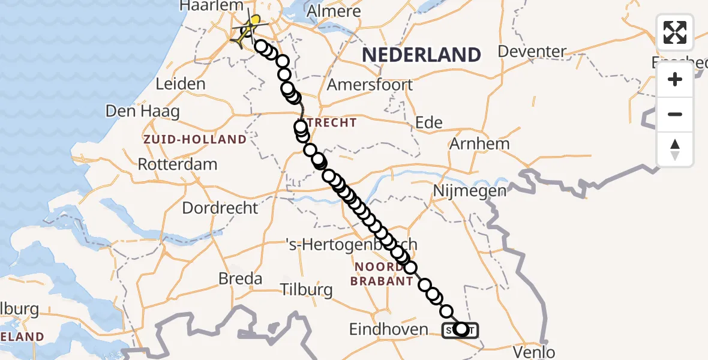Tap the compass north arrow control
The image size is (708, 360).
(x=675, y=149)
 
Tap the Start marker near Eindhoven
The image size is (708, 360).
(x=460, y=329)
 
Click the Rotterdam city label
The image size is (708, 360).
(x=178, y=164)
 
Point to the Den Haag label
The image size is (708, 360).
(x=135, y=111)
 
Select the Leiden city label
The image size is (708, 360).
(x=181, y=84)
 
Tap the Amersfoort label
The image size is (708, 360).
(x=370, y=85)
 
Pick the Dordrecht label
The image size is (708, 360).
(x=220, y=208)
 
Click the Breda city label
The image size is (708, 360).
(x=240, y=279)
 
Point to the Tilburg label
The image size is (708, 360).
(x=307, y=290)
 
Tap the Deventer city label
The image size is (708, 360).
(x=532, y=52)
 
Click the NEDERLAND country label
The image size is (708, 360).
(x=421, y=55)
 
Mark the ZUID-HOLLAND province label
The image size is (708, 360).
(x=194, y=140)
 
